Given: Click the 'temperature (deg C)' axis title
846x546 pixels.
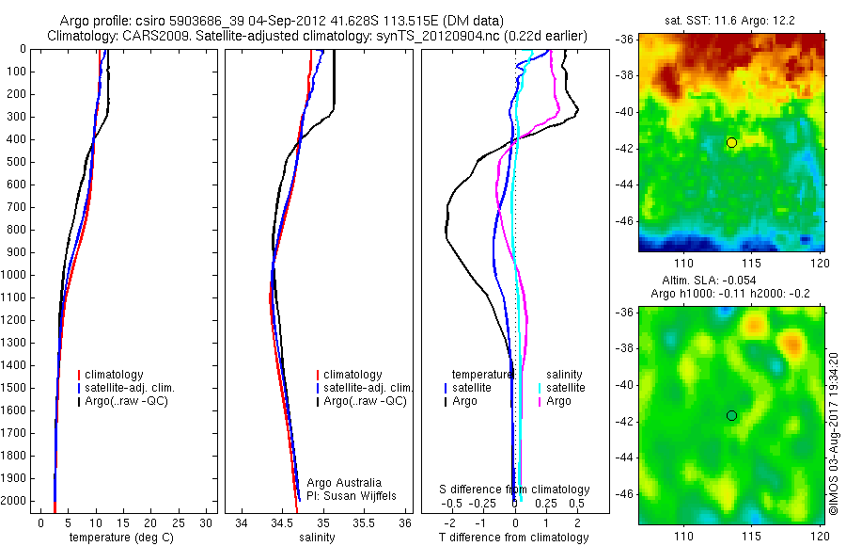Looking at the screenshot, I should pyautogui.click(x=122, y=538).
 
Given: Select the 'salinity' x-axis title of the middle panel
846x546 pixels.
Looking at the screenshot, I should pyautogui.click(x=317, y=538).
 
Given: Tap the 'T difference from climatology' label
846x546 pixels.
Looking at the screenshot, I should pyautogui.click(x=513, y=538).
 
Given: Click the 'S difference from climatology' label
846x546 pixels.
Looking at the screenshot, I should pyautogui.click(x=514, y=490).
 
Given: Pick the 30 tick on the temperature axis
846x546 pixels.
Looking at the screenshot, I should pyautogui.click(x=207, y=522).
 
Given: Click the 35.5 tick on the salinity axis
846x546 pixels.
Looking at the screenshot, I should pyautogui.click(x=365, y=522).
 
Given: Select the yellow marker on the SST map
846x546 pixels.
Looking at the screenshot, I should pyautogui.click(x=731, y=142).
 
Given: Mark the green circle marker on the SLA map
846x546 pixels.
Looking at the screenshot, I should pyautogui.click(x=731, y=415).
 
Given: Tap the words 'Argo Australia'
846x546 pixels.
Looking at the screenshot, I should pyautogui.click(x=344, y=483).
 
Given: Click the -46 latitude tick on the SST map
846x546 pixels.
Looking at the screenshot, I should pyautogui.click(x=623, y=221).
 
